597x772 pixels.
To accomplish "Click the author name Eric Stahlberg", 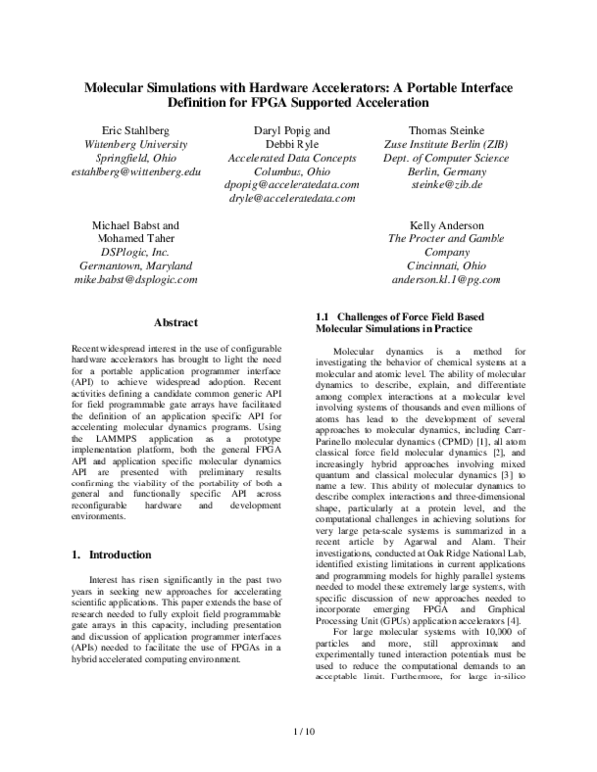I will pos(144,130).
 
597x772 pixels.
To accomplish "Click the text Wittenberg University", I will pos(144,144).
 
